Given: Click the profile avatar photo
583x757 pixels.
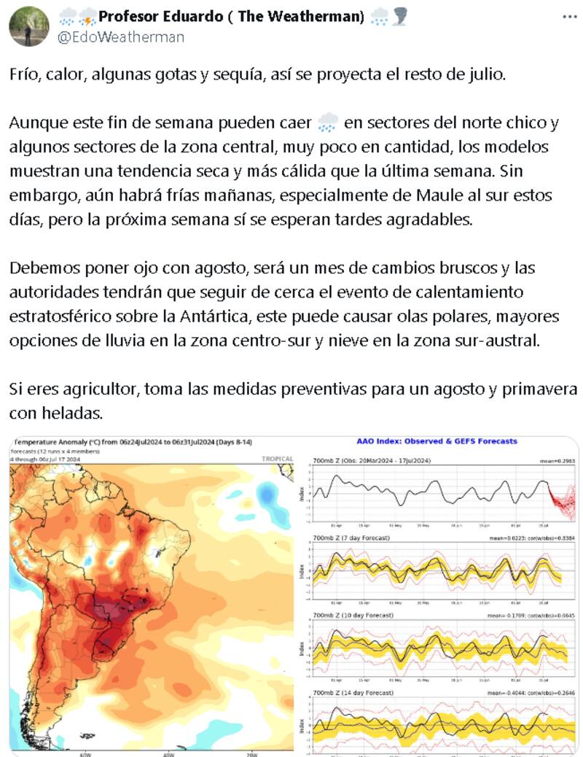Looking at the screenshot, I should coord(29,26).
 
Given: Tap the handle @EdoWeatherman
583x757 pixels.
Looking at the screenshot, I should coord(121,36).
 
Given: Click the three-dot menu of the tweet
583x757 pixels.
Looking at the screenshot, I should coord(567,16).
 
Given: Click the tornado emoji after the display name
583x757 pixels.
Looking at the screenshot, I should coord(399,17).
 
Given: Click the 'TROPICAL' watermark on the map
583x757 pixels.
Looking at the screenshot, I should coord(277,459).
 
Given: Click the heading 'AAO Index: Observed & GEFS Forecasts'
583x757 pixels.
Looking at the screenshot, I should coord(437,441).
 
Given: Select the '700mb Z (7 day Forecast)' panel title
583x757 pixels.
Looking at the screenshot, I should coord(351,537).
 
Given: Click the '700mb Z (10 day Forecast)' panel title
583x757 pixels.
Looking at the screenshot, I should coord(353,616).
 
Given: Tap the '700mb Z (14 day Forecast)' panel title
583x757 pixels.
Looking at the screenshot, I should coord(353,692).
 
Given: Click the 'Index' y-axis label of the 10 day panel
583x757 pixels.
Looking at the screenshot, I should coord(304,649).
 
